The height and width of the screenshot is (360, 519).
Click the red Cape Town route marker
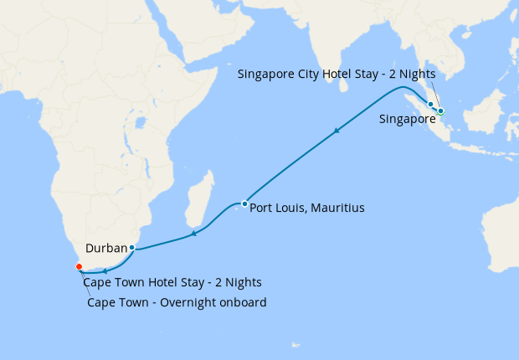[80, 266]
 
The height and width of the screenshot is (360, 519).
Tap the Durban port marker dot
[132, 247]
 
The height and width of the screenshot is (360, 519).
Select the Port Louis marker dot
[244, 203]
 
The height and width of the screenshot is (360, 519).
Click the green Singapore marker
[439, 111]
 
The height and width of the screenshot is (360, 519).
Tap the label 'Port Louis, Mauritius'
[307, 208]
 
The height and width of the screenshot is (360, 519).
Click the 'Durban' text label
[105, 248]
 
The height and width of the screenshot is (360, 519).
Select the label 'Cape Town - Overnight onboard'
[177, 302]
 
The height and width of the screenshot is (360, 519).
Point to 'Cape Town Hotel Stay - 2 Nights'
[172, 282]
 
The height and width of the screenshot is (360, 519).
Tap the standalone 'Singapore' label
[408, 120]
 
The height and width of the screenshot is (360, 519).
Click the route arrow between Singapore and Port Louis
[337, 131]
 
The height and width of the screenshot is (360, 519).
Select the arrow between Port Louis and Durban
[193, 234]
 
